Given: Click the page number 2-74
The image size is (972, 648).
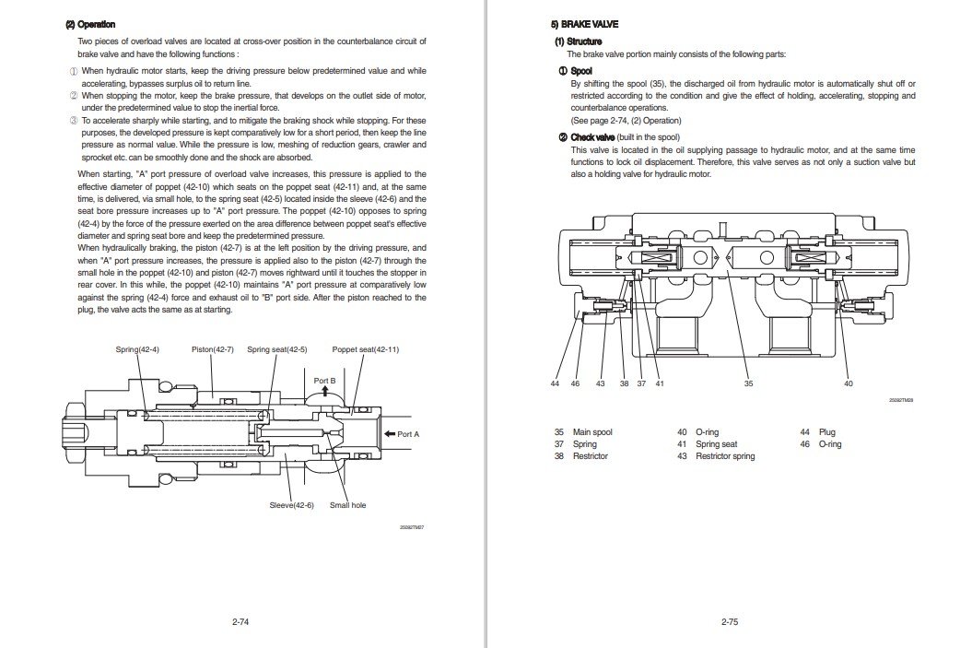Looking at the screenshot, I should point(241,622).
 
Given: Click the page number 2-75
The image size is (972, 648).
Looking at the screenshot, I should point(729,622).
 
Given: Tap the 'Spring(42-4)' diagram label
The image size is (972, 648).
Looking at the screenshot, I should point(137,350).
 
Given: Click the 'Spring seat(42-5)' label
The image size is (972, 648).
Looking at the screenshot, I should point(277,350).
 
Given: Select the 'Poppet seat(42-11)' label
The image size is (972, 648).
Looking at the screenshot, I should point(366,350).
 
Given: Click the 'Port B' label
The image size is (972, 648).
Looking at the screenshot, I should point(324,380).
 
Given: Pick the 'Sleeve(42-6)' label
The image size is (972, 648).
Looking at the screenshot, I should point(292,505).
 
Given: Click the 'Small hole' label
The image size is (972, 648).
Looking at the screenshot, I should point(347,505).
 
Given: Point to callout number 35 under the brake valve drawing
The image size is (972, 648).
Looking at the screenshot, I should point(748,383).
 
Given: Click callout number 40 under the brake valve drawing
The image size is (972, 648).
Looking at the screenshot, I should point(848,383).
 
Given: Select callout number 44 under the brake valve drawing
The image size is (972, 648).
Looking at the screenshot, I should point(556,383).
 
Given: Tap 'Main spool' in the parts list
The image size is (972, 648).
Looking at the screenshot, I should point(591,432).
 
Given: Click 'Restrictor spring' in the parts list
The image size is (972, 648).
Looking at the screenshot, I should point(724,456).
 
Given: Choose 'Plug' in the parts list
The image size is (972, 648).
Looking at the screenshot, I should point(826,432).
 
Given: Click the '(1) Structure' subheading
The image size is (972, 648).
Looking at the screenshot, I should point(578,42).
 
